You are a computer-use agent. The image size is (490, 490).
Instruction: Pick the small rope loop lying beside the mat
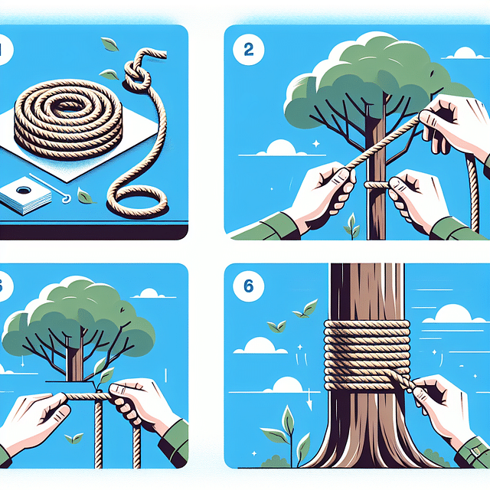pos(142,201)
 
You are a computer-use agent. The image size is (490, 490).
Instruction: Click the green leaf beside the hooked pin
pos(85,197)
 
